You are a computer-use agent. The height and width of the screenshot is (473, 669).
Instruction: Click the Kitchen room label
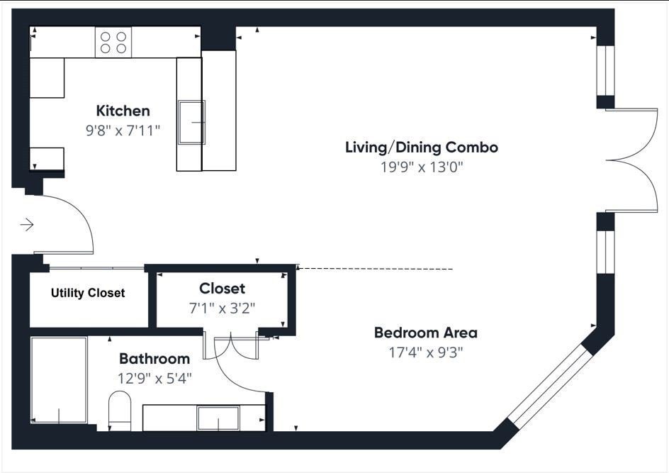pos(123,111)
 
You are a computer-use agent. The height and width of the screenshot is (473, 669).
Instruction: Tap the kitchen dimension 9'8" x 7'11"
pos(123,130)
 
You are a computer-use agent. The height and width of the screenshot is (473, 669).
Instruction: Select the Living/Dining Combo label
pos(421,148)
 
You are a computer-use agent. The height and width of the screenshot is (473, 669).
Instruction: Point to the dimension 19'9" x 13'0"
pos(421,167)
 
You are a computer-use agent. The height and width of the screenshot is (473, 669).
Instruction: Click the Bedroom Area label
pos(425,333)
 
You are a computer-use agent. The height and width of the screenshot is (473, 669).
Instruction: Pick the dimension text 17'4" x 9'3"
pos(425,352)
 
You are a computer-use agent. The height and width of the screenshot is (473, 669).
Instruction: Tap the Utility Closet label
pos(88,293)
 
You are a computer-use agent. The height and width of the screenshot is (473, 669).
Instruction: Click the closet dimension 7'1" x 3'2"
pos(222,308)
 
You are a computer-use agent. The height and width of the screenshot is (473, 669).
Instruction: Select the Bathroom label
pos(154,359)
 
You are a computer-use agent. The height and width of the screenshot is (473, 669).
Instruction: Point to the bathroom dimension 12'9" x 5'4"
pos(154,378)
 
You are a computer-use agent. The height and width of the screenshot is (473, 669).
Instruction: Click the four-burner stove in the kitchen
pos(113,43)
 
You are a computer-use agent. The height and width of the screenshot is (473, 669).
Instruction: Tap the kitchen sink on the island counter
pos(191,123)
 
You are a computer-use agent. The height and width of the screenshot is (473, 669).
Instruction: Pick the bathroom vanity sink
pos(218,418)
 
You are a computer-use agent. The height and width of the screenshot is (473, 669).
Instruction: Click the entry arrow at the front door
pos(27,225)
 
